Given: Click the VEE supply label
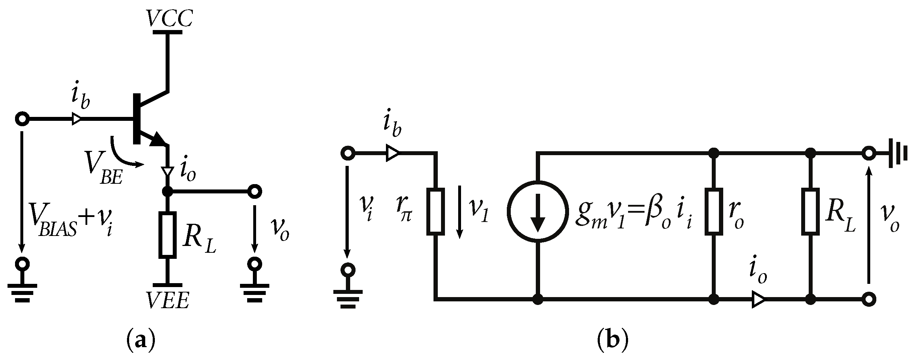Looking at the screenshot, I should click(167, 302).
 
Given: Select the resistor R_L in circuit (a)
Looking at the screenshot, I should click(167, 235).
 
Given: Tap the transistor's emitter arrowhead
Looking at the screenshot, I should click(157, 139).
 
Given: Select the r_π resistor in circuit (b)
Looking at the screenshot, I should click(436, 212).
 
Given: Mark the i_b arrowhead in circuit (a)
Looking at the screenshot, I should click(77, 119).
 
